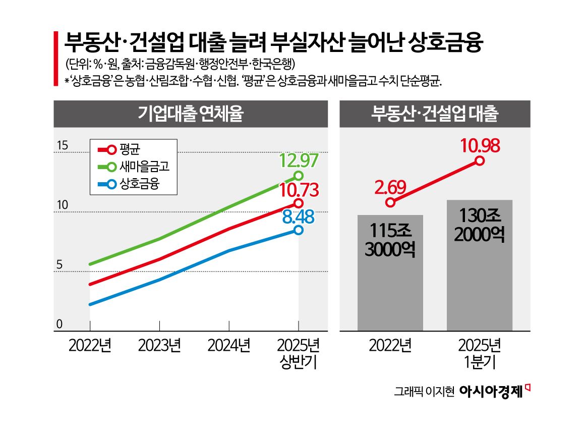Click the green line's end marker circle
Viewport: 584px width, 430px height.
coord(299,176)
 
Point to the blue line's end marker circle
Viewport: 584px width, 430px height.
coord(299,230)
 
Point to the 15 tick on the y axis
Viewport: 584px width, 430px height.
coord(62,146)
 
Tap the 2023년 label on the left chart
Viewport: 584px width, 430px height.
coord(159,346)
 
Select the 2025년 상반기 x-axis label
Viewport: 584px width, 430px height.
coord(299,354)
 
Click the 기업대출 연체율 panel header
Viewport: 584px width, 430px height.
coord(191,114)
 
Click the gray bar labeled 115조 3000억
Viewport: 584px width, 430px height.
coord(390,273)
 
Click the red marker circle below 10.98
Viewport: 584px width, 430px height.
coord(480,160)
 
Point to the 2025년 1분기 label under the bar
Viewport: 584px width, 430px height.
coord(479,354)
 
